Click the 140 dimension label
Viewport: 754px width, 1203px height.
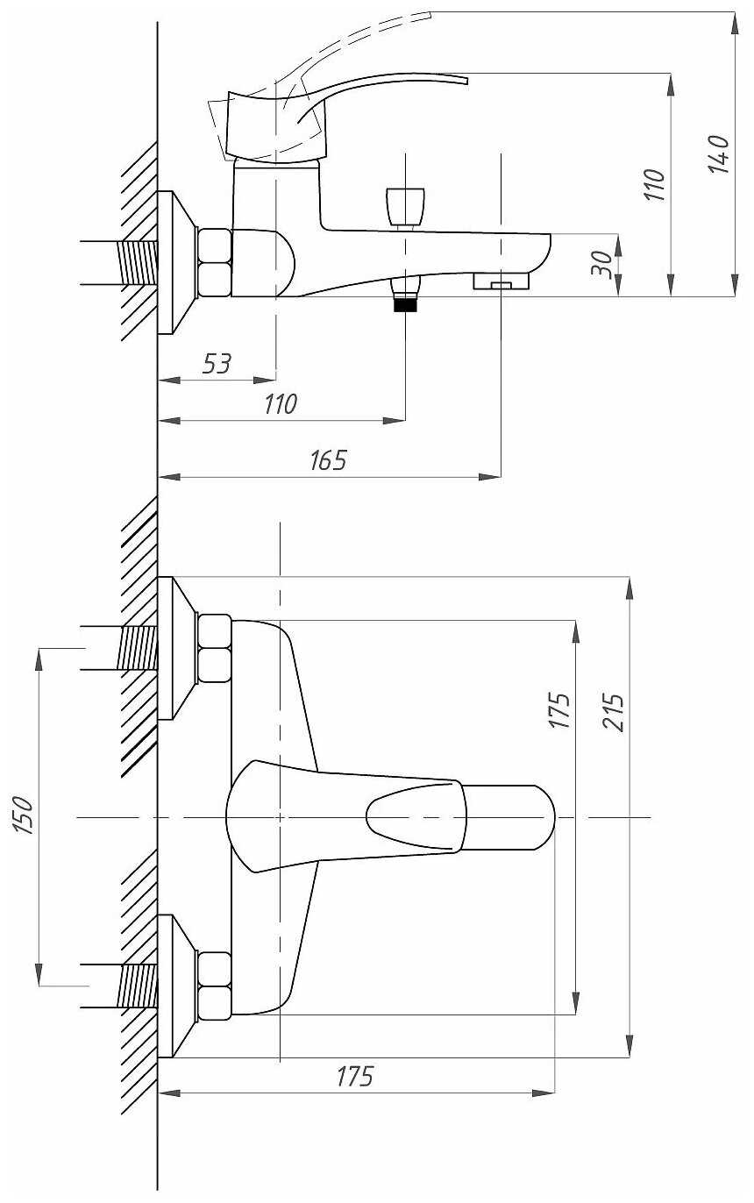719,154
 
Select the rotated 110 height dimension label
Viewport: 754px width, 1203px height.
654,184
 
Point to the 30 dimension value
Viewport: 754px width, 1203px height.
601,263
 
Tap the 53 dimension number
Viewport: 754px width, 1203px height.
217,364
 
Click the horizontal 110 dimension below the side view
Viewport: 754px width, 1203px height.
281,404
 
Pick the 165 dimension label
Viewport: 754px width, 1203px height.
328,460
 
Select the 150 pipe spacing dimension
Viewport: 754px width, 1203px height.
24,815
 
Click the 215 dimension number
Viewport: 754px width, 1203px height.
613,712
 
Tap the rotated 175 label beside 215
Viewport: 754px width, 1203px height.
559,710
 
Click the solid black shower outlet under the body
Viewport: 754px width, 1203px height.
405,305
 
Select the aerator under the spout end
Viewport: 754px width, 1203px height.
501,281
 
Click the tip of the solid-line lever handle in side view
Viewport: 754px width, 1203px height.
466,81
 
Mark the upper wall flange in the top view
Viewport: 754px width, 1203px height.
177,648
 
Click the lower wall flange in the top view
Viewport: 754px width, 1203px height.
177,986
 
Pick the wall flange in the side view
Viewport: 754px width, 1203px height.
178,263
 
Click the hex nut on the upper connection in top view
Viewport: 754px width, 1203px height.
215,648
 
